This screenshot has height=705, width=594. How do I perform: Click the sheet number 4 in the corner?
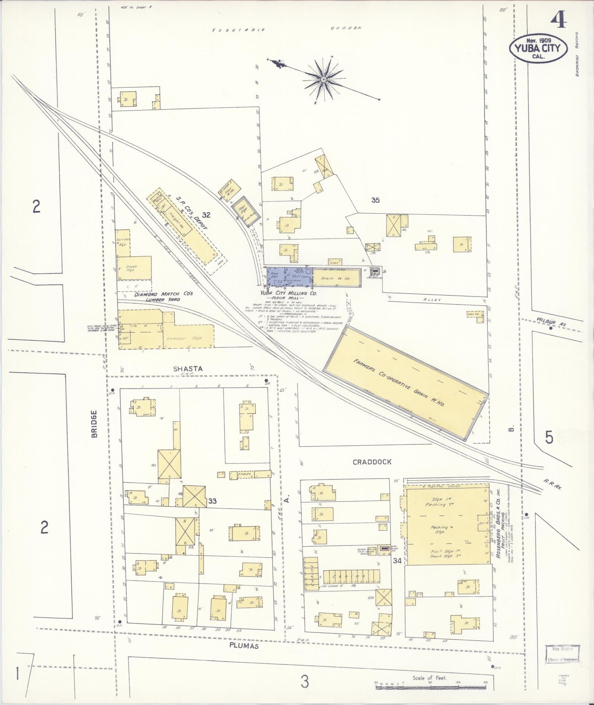(559, 20)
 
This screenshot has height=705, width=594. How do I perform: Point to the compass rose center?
(323, 80)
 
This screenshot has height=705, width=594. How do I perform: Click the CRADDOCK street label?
(372, 462)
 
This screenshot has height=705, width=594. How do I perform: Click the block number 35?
(375, 200)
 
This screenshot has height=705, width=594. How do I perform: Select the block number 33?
(212, 501)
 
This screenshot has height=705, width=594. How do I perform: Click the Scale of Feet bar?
(431, 683)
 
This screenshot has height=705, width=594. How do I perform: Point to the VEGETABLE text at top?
(239, 30)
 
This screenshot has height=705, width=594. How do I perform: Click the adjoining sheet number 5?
(549, 437)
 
